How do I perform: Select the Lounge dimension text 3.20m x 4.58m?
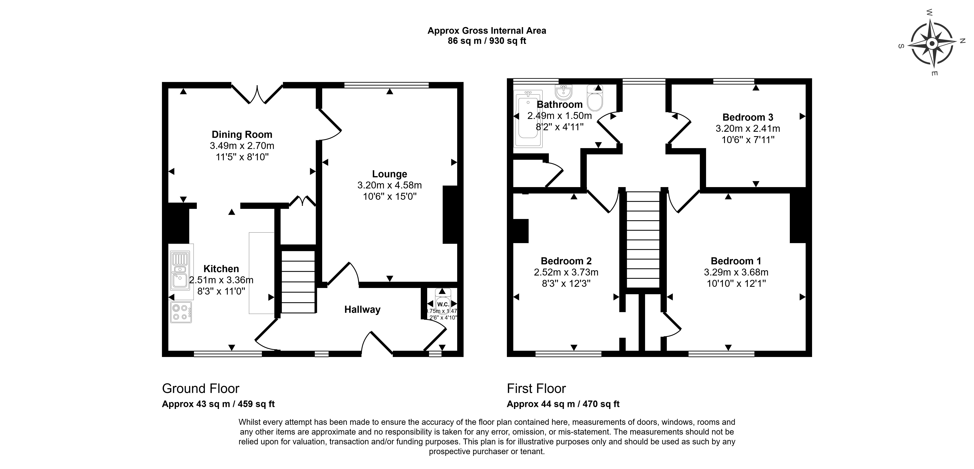[x=389, y=185]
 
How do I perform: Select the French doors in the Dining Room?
[x=257, y=94]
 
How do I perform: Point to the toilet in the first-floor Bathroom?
[x=595, y=98]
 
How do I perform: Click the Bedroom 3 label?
[x=748, y=117]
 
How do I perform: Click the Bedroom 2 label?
[x=566, y=261]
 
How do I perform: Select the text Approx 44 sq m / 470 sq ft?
[x=563, y=404]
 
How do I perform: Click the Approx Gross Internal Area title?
[x=487, y=31]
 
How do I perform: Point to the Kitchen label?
[x=221, y=269]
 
